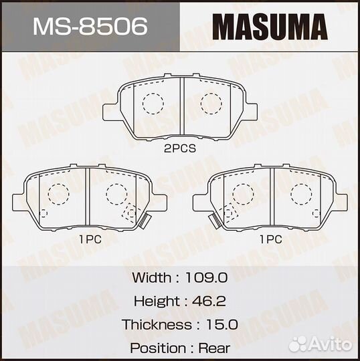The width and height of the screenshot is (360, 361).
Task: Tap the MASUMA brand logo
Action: tap(270, 27)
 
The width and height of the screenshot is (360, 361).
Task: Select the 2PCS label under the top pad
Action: tap(181, 150)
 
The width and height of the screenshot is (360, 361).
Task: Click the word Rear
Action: tap(214, 348)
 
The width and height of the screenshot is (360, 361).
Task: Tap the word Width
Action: tap(151, 277)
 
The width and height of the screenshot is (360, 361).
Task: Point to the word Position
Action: tap(158, 348)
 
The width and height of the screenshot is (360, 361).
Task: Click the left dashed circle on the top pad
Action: tap(153, 103)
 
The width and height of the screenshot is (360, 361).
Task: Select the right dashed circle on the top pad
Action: tap(211, 103)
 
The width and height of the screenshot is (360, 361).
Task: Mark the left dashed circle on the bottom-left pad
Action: tap(58, 193)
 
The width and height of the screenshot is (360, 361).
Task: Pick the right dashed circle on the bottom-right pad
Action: tap(301, 193)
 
